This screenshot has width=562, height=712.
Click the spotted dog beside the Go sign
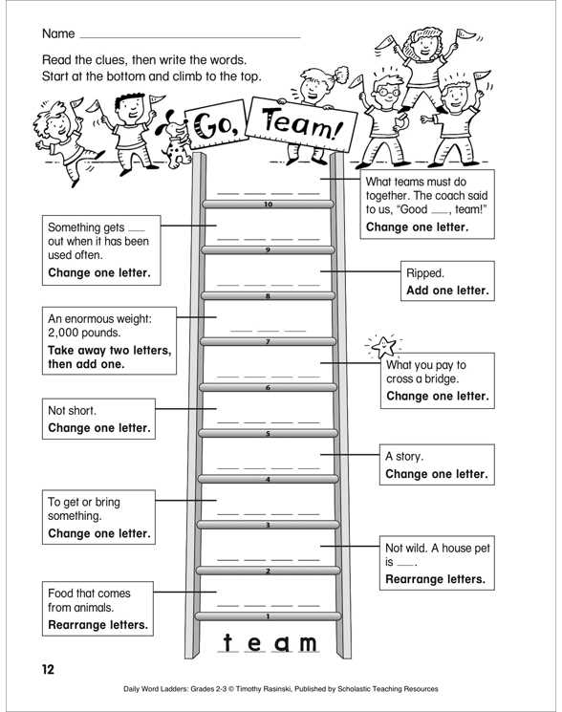174,137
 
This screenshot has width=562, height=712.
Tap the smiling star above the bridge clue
383,347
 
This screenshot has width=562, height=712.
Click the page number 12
48,669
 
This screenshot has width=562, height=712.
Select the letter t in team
227,642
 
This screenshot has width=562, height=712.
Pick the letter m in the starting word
307,644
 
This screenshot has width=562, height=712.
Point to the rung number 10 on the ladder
268,205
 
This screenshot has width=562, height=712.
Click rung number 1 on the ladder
268,616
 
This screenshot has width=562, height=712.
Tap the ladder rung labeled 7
268,342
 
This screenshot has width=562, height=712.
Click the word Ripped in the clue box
425,274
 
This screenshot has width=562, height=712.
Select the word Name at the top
58,33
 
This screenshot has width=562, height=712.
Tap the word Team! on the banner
301,124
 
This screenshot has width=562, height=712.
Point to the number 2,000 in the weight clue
63,333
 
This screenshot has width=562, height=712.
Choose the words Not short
72,411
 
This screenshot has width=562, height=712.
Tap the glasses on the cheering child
388,92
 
